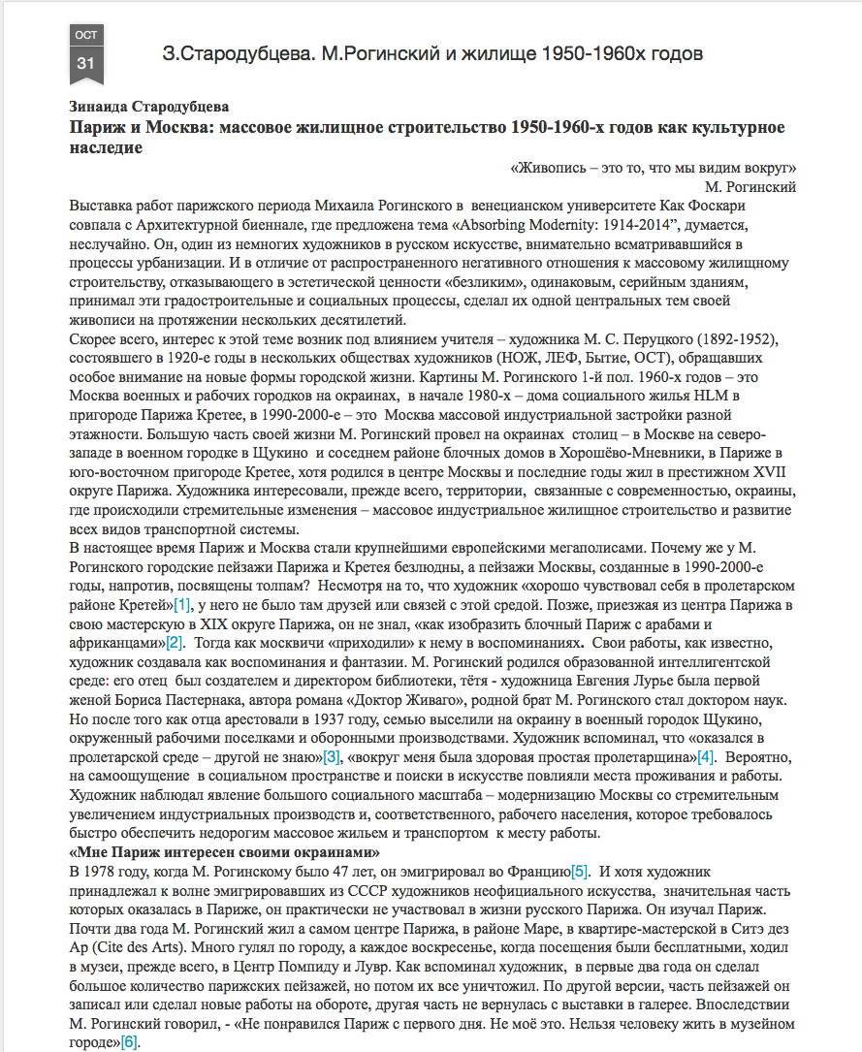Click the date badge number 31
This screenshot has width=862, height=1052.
pos(85,63)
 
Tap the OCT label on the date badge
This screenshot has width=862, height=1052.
pos(85,35)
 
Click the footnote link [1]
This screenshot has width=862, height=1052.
pos(182,605)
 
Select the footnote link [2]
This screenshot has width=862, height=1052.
pos(175,642)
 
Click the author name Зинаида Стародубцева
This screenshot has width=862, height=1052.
pos(149,107)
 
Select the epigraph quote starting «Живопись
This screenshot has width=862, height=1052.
pos(653,168)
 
